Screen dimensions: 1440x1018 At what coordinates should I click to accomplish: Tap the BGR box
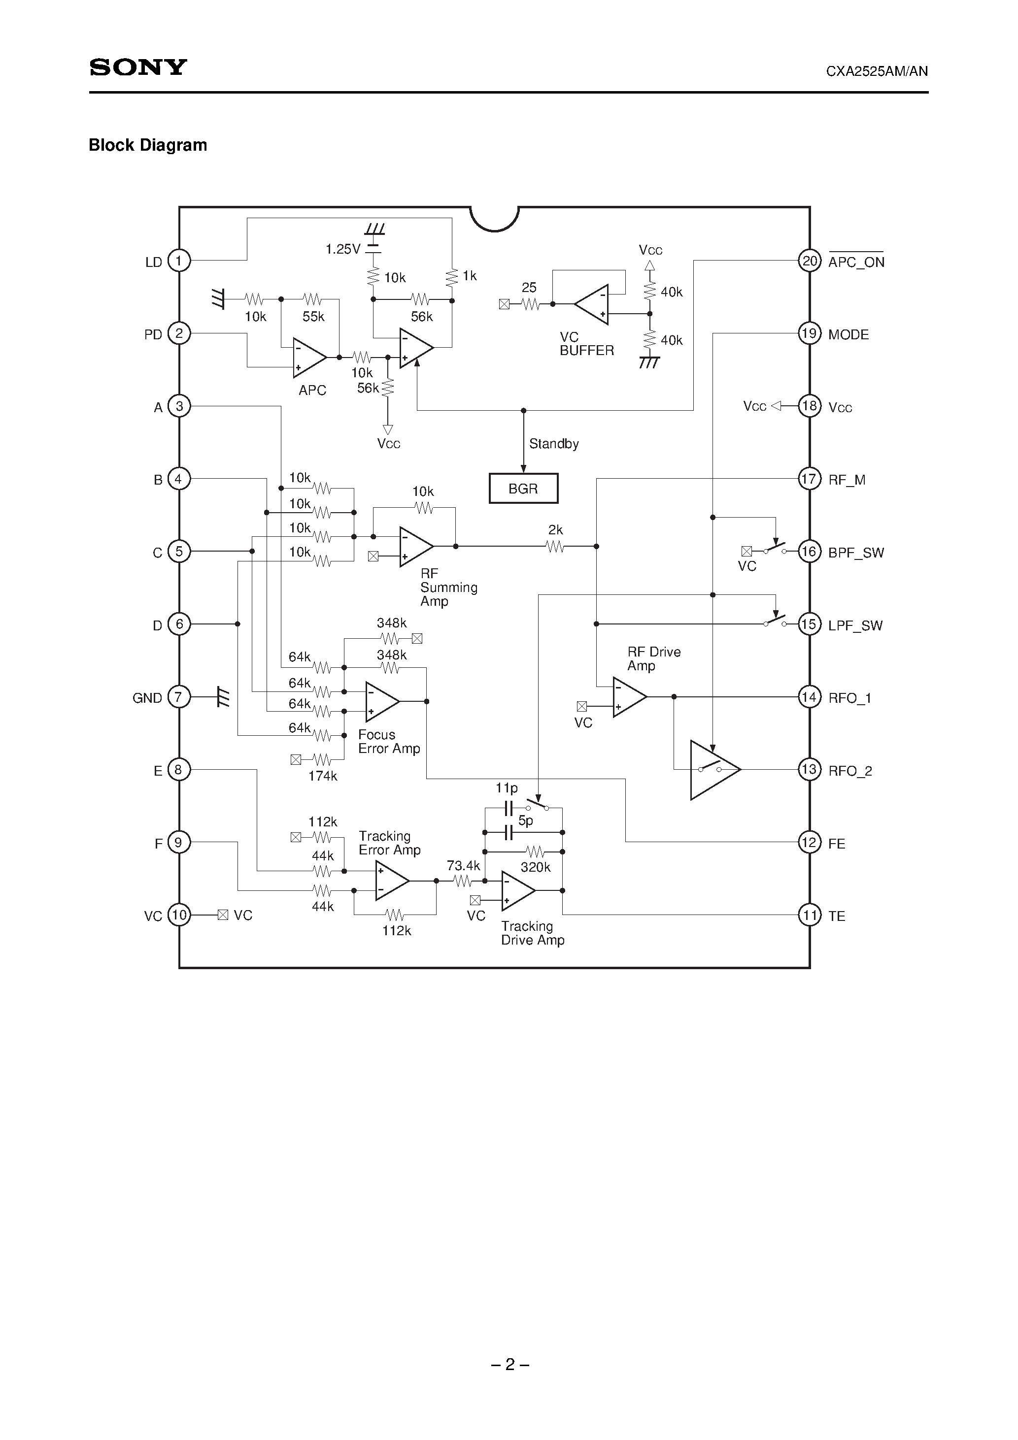pyautogui.click(x=523, y=488)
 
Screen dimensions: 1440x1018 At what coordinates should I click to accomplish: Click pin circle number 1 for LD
pyautogui.click(x=179, y=261)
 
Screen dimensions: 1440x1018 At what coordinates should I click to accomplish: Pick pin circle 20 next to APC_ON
pyautogui.click(x=810, y=261)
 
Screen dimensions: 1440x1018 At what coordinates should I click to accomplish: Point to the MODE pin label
pyautogui.click(x=848, y=334)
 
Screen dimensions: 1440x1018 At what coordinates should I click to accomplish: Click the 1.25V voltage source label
pyautogui.click(x=342, y=249)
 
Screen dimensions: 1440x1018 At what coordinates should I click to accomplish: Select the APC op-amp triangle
pyautogui.click(x=308, y=358)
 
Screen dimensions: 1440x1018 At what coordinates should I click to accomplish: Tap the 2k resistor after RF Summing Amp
pyautogui.click(x=555, y=546)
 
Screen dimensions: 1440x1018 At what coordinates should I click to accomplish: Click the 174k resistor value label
pyautogui.click(x=323, y=776)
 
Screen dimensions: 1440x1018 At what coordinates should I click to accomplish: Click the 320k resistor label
pyautogui.click(x=535, y=867)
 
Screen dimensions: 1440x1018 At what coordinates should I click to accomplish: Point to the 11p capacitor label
pyautogui.click(x=506, y=788)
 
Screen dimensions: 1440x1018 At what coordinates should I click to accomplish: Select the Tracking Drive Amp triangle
pyautogui.click(x=517, y=890)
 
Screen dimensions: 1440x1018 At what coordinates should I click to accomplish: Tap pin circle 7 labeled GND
pyautogui.click(x=179, y=697)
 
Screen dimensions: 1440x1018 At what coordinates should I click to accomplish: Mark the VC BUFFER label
pyautogui.click(x=586, y=344)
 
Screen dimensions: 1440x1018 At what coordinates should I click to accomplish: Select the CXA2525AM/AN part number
pyautogui.click(x=876, y=71)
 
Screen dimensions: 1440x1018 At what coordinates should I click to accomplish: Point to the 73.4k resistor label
pyautogui.click(x=463, y=865)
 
